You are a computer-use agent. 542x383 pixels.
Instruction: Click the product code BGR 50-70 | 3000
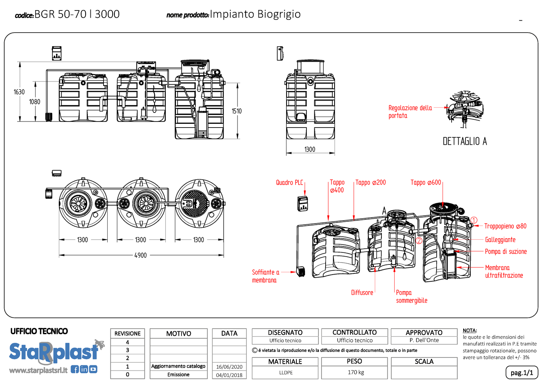(77, 14)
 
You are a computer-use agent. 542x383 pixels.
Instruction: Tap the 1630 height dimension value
(19, 92)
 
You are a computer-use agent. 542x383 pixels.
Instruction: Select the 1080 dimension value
(35, 102)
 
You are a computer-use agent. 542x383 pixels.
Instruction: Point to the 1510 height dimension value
(237, 111)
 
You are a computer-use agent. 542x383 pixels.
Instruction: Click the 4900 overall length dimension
(141, 255)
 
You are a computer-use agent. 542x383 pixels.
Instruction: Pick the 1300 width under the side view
(310, 150)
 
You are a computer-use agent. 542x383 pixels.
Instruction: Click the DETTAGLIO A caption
(465, 141)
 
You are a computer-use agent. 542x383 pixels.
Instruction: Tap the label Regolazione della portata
(410, 112)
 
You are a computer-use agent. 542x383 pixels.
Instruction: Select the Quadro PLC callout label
(290, 183)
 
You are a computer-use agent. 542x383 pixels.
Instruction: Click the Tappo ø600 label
(426, 183)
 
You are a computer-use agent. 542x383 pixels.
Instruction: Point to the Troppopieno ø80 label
(505, 226)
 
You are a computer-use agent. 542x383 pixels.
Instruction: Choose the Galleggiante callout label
(500, 240)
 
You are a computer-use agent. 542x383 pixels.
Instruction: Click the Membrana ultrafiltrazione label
(504, 272)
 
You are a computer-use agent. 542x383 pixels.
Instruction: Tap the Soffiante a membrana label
(266, 276)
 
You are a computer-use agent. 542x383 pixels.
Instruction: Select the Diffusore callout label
(362, 293)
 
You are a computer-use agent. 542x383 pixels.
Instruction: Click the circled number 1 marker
(474, 220)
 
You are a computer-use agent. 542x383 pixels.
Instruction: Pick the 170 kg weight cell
(356, 372)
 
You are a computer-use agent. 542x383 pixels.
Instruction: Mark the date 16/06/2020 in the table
(229, 367)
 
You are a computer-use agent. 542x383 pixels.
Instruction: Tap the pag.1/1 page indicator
(522, 372)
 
